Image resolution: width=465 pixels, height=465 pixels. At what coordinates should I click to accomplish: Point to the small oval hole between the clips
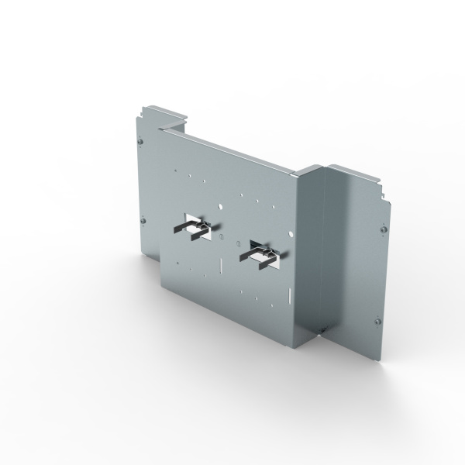(x=219, y=236)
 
